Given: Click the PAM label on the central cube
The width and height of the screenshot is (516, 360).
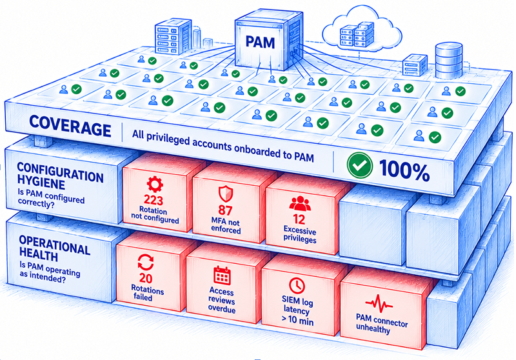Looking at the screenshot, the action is pos(260,43).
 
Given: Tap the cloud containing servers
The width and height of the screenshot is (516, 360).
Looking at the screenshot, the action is pos(361,30).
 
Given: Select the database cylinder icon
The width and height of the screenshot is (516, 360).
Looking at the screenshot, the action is pos(448,61).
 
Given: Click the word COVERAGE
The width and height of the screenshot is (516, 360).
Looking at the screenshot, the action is pos(70,126).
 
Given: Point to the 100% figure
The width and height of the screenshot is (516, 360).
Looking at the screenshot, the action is pos(404,170).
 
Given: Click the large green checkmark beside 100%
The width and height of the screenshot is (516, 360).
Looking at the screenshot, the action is pos(360,166).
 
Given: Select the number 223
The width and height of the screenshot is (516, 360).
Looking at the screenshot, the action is pos(154,199).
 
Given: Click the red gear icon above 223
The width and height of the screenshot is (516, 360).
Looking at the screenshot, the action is pos(155,185).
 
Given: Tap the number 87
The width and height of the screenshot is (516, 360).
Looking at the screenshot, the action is pos(225,210).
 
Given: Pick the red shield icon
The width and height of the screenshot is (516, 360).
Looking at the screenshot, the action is pos(226,194).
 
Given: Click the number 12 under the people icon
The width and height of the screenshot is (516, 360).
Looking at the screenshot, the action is pos(299,219).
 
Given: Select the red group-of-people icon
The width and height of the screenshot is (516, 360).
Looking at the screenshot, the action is pos(300,203).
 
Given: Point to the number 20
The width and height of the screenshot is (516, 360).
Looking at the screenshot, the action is pos(146,278).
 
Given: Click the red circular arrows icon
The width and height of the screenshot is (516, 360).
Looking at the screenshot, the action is pos(146,263).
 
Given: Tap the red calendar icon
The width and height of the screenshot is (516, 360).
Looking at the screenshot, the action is pos(222,275).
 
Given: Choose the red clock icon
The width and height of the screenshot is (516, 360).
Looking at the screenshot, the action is pos(297,285).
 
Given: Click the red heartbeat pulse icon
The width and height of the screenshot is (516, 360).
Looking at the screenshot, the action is pos(379,303).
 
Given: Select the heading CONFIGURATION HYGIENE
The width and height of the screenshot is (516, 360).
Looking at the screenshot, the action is pos(60,175).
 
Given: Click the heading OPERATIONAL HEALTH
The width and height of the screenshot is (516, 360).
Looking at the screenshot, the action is pos(54,248).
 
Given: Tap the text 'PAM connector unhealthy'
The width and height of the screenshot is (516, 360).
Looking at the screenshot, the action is pos(381,323).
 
